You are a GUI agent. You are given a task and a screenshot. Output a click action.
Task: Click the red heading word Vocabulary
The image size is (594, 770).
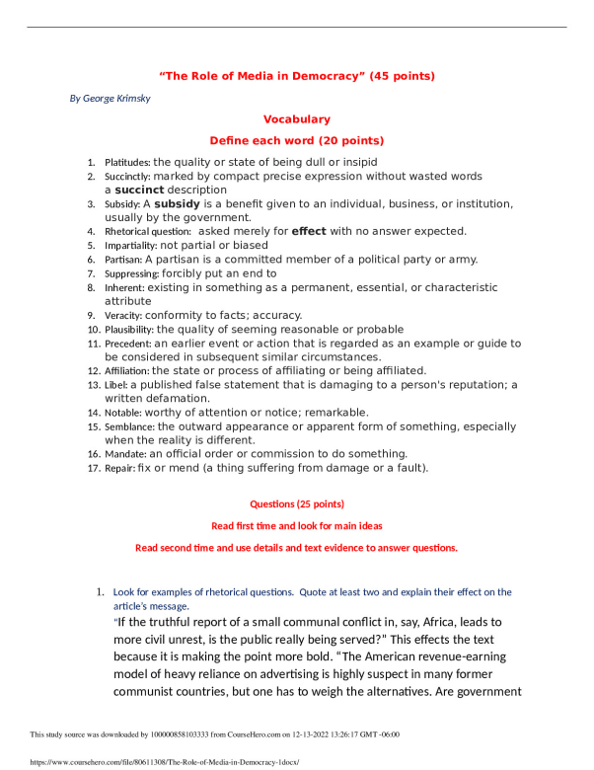click(297, 119)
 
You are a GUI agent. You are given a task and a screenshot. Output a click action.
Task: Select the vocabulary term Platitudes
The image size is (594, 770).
click(127, 162)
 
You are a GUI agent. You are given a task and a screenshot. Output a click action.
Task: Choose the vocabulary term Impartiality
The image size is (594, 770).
click(130, 245)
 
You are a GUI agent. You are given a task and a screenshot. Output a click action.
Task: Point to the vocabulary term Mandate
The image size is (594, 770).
click(125, 454)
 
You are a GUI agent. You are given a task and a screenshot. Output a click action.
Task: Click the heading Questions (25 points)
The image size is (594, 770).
click(297, 504)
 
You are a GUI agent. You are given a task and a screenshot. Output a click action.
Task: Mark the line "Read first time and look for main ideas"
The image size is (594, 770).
click(297, 526)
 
